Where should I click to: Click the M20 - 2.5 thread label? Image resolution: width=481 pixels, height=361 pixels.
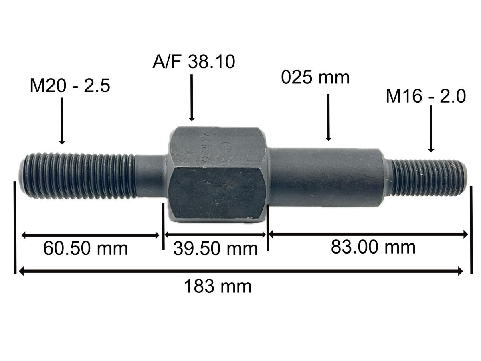coord(70,86)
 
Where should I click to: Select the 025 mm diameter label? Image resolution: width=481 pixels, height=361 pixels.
coord(315,77)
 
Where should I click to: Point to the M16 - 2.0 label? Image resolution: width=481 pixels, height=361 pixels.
coord(426,97)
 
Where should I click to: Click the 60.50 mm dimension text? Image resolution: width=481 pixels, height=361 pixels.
coord(85,248)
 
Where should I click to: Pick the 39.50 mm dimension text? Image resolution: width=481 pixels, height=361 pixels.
coord(215,249)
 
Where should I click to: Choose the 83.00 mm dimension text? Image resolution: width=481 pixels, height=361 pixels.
coord(373,247)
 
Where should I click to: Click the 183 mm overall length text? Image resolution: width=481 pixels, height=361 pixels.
coord(218,287)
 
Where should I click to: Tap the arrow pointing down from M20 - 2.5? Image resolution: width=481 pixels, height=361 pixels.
coord(62,120)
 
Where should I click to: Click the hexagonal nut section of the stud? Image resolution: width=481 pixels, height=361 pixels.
coord(216,176)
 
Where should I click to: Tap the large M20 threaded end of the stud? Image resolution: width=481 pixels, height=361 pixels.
coord(76,176)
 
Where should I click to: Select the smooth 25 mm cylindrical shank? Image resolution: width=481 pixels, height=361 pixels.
coord(325,176)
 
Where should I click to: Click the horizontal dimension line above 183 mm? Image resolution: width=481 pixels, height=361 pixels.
coord(240,272)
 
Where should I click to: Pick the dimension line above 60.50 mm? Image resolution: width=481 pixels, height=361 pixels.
coord(90,235)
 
